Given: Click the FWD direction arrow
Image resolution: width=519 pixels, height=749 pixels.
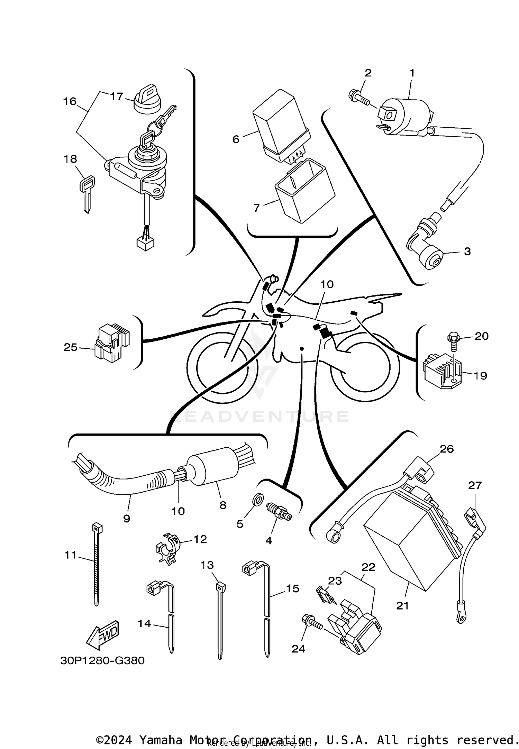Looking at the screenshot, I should coord(102,635).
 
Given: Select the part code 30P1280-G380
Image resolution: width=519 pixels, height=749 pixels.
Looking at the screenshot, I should coord(102,660).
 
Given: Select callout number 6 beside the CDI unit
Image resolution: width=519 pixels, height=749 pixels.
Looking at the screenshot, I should coord(236,139).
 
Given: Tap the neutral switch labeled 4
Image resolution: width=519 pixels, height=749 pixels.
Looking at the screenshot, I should coord(279,512).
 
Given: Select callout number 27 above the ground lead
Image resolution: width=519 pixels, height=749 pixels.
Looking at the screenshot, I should coord(475,485).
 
